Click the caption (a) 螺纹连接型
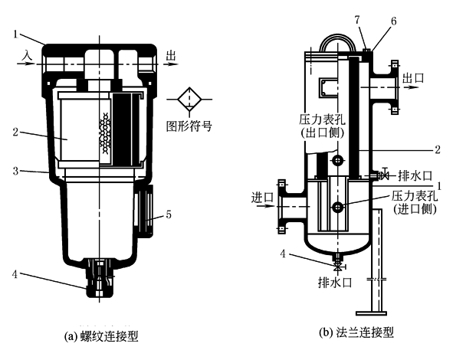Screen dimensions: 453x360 (x=101, y=336)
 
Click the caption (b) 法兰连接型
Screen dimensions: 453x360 (x=356, y=332)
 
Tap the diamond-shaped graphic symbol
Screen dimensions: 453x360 (x=189, y=100)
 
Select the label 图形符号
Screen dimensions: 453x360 (x=189, y=126)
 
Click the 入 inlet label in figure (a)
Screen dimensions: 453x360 (x=28, y=55)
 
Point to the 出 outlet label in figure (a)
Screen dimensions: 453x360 (x=171, y=55)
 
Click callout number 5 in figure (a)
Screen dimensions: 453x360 (x=169, y=214)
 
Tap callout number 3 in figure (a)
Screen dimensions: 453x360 (x=15, y=171)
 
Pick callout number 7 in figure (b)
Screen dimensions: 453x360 (x=357, y=20)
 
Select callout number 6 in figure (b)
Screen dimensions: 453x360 (x=393, y=21)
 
